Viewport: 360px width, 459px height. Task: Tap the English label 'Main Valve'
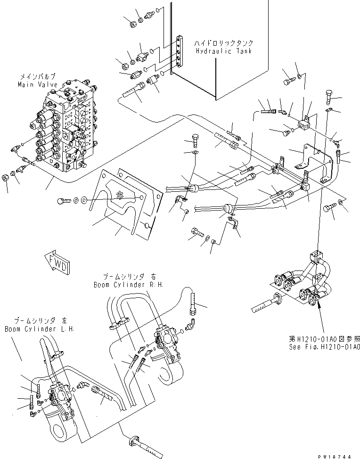point(38,84)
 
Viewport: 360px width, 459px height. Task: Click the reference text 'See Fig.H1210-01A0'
point(325,346)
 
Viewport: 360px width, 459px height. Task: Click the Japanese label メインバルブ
point(38,76)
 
